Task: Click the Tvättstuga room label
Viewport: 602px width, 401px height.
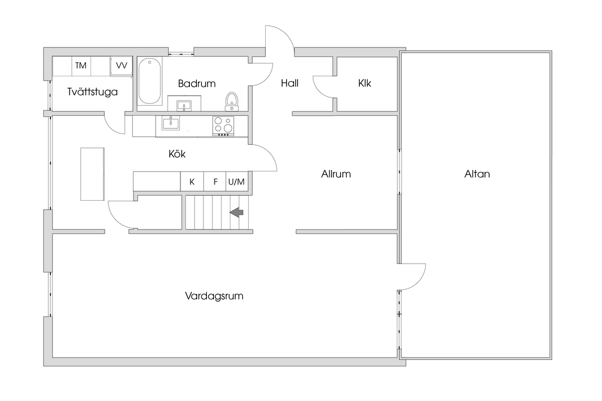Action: [x=92, y=92]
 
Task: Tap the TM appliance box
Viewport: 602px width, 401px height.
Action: [x=81, y=65]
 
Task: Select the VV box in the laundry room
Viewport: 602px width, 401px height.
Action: [x=122, y=65]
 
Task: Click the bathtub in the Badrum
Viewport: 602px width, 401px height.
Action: [x=150, y=81]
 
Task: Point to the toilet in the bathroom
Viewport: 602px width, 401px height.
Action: [x=232, y=101]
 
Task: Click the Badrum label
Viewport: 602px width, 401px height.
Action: [x=196, y=83]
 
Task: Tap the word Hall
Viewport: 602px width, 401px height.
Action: [x=289, y=83]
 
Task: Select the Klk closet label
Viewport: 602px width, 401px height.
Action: [x=364, y=83]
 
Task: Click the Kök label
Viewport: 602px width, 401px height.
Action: [x=177, y=154]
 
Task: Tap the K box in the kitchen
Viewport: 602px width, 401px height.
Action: [x=192, y=182]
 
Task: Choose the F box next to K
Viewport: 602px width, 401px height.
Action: [x=215, y=182]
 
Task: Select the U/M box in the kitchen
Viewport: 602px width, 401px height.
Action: [x=236, y=182]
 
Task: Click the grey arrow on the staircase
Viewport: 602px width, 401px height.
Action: [x=237, y=212]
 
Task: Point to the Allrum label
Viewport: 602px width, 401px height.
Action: [x=336, y=174]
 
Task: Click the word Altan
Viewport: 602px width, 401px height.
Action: [x=477, y=174]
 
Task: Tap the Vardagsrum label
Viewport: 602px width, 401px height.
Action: [x=214, y=296]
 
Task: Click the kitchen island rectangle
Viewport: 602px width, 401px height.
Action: [x=92, y=174]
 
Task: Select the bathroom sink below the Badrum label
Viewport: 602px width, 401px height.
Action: [x=184, y=106]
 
